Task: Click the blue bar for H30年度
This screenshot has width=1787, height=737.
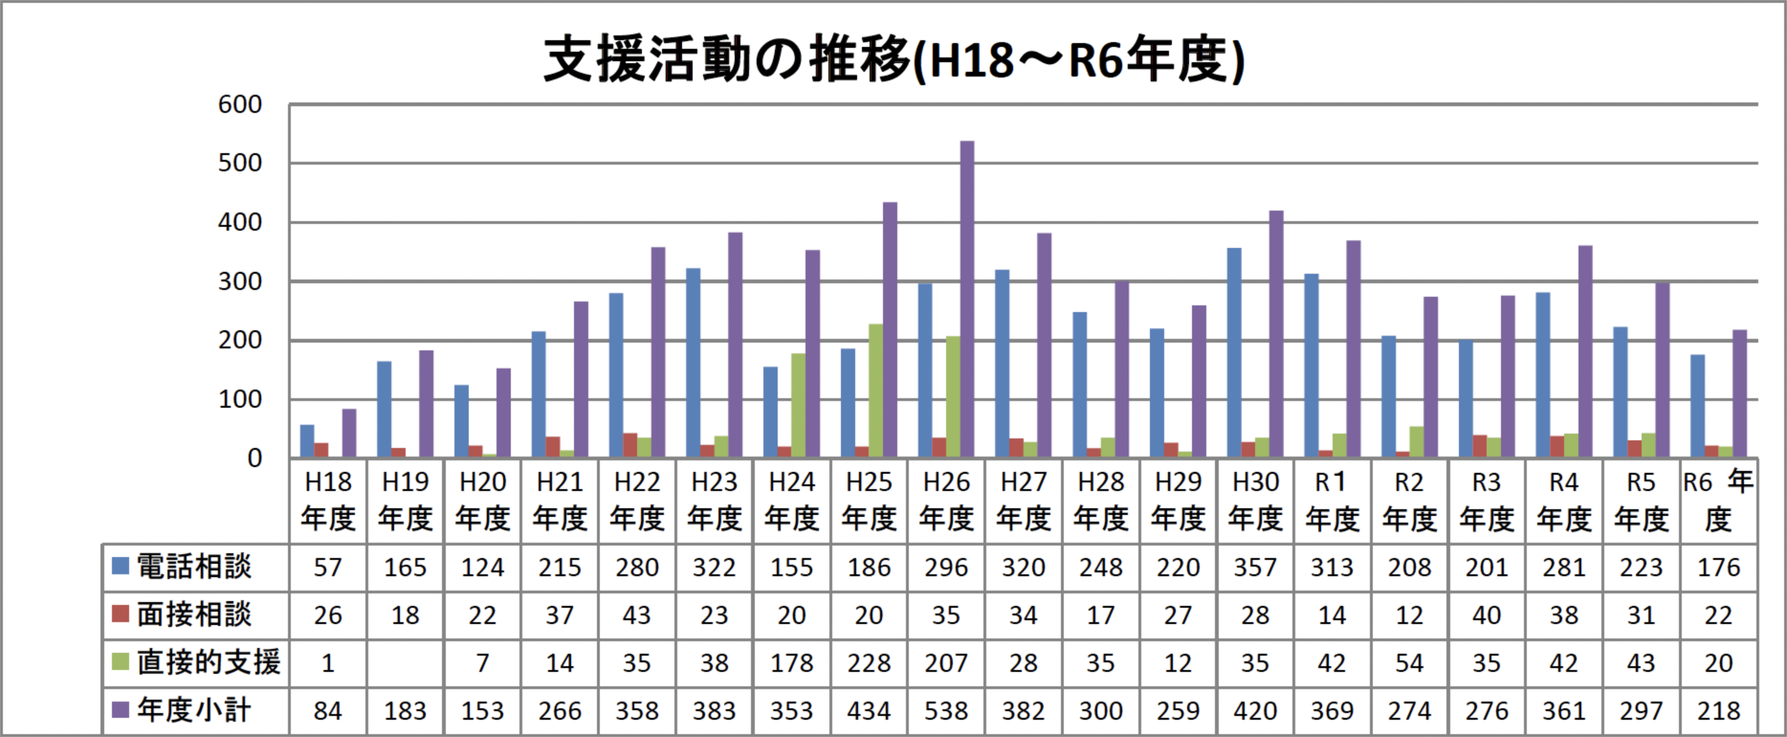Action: click(1234, 353)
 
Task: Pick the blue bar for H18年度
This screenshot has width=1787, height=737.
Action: click(307, 441)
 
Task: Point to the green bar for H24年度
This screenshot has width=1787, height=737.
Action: click(798, 405)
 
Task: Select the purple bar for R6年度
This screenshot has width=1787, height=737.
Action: click(1739, 393)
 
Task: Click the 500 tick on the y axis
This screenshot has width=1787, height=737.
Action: click(240, 163)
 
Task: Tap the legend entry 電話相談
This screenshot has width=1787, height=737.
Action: click(194, 567)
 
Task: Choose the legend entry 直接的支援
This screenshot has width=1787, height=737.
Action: click(208, 663)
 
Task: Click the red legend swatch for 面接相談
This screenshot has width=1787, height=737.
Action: click(121, 614)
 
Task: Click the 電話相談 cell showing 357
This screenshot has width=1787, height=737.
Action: click(1255, 568)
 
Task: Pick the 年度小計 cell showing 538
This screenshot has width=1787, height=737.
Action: click(946, 711)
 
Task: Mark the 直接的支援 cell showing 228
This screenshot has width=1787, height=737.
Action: click(869, 663)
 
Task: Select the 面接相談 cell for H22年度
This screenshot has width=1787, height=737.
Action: click(637, 615)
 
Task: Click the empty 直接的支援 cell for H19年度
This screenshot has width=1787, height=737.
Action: click(405, 663)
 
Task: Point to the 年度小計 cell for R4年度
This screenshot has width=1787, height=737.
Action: click(1564, 711)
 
